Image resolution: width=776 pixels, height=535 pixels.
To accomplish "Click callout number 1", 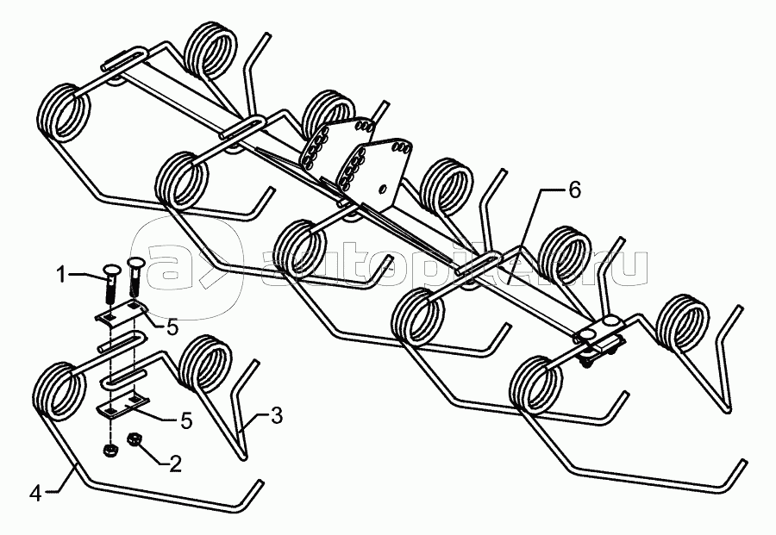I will [x=61, y=275].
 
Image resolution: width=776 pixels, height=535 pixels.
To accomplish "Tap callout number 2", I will [x=175, y=465].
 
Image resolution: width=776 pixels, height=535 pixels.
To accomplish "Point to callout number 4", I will [x=34, y=494].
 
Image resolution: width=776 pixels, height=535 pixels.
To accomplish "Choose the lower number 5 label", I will [x=185, y=421].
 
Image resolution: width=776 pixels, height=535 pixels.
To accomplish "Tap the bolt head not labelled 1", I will [x=136, y=264].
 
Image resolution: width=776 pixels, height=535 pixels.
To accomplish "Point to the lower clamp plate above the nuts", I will [x=122, y=406].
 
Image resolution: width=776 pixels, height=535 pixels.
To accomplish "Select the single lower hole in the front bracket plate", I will [x=380, y=188].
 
